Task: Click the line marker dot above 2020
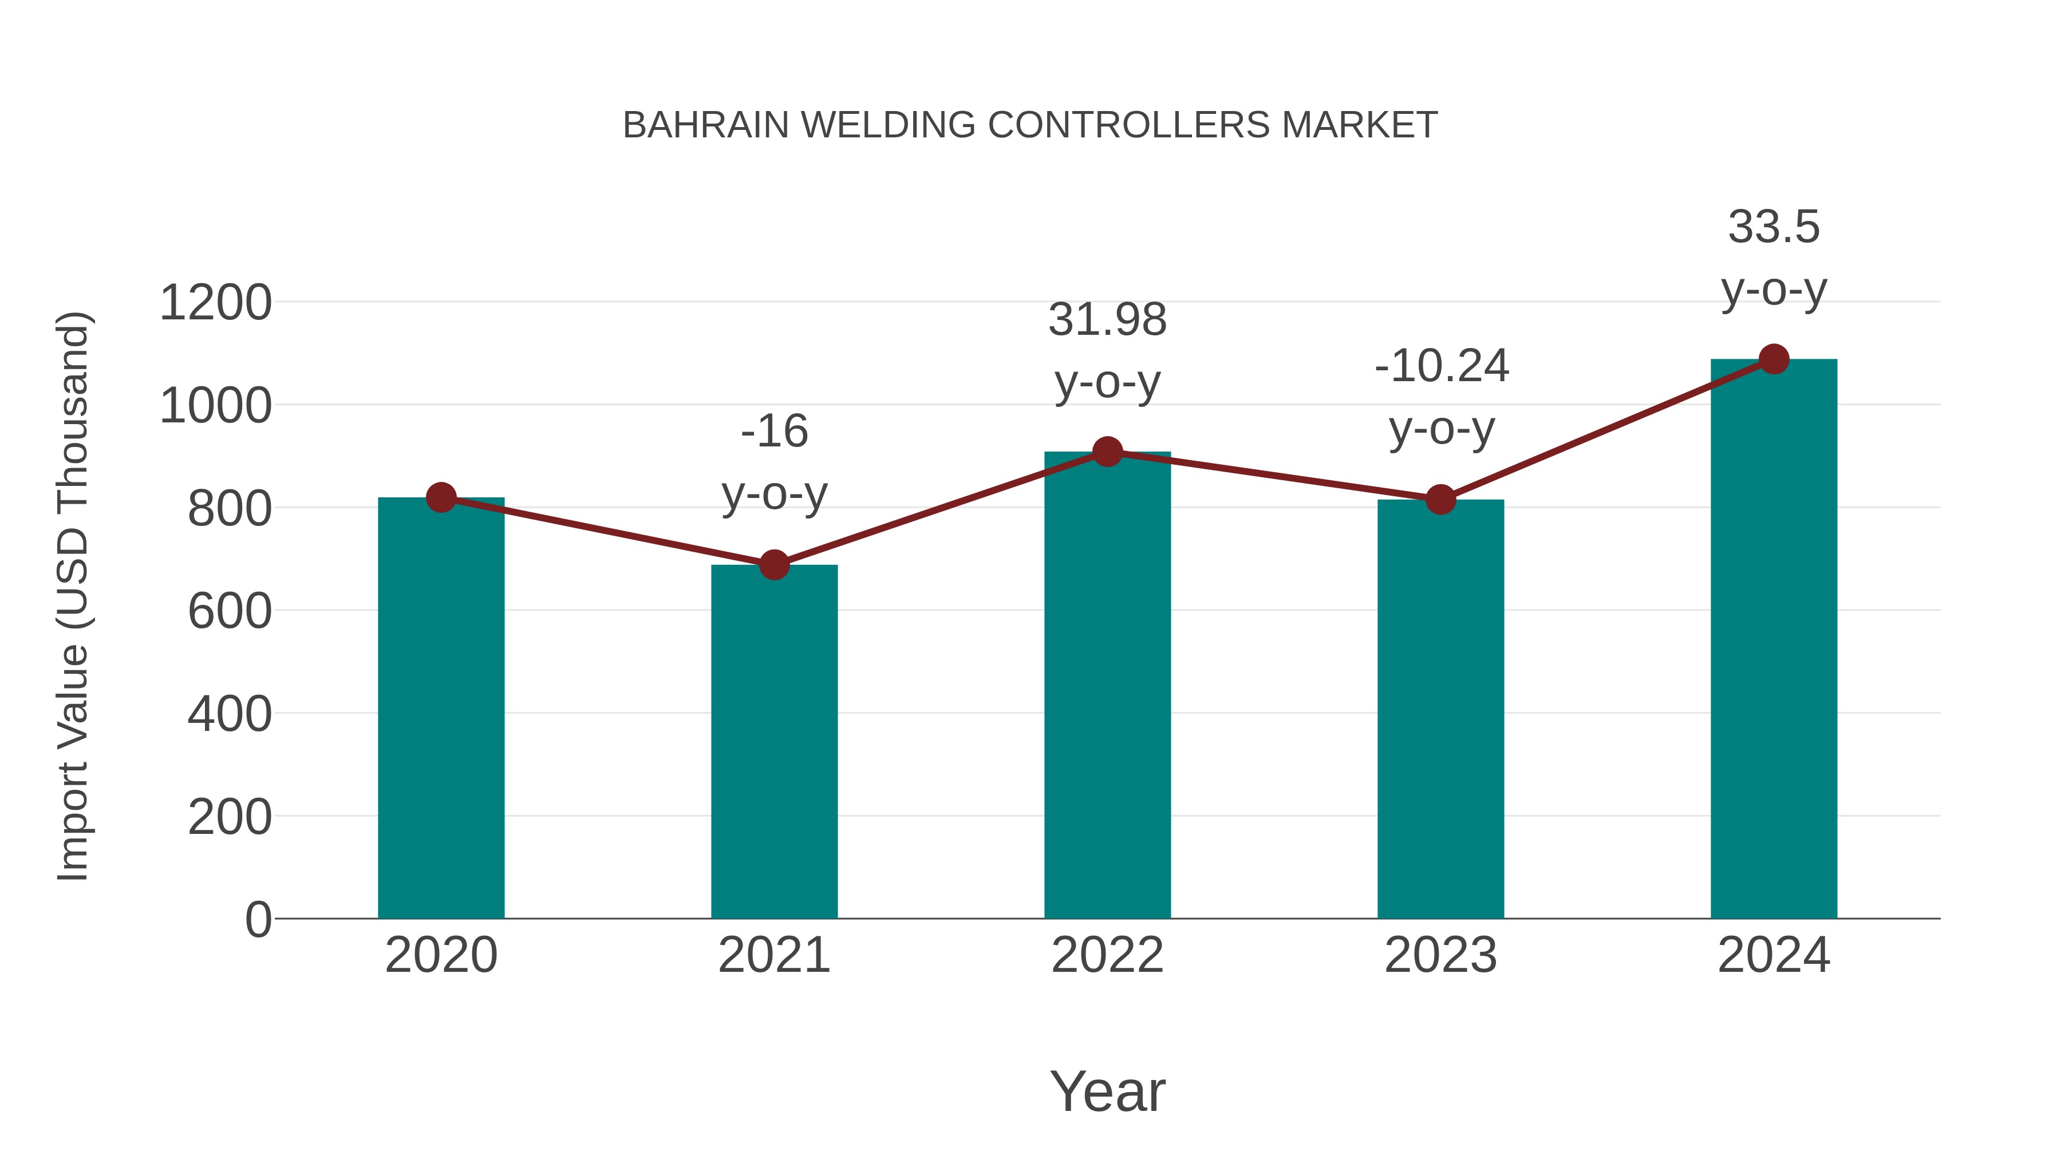coord(441,497)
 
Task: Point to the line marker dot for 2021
coord(773,565)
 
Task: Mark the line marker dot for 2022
coord(1107,452)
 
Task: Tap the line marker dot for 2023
coord(1440,500)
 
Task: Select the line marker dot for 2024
coord(1774,359)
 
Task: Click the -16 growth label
coord(773,432)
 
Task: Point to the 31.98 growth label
coord(1107,320)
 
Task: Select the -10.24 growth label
coord(1441,366)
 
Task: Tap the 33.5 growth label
coord(1774,227)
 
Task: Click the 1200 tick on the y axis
coord(215,303)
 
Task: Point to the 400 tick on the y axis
coord(230,714)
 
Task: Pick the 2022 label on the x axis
coord(1107,955)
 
